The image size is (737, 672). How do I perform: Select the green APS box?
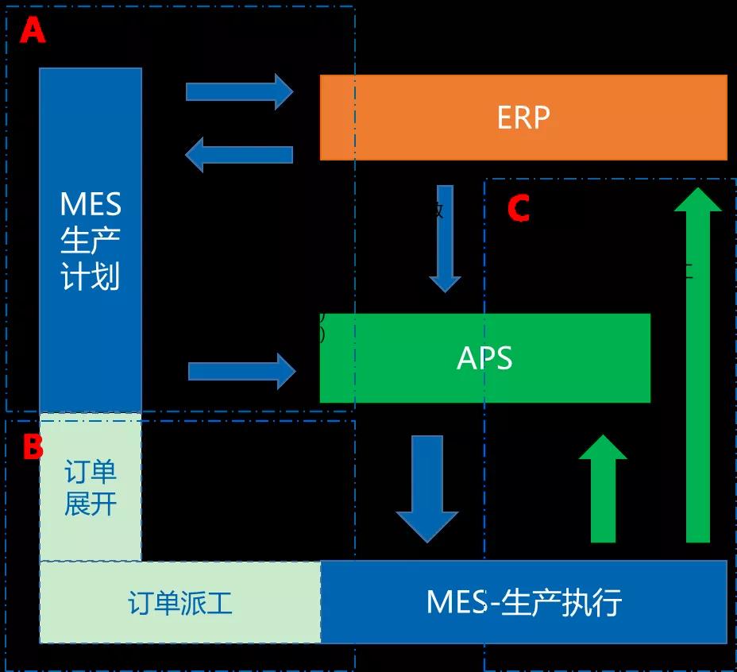[x=484, y=357]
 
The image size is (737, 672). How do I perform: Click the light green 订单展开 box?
[x=91, y=487]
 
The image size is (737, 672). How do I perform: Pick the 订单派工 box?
[x=180, y=602]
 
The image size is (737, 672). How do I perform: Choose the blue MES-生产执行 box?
[x=523, y=602]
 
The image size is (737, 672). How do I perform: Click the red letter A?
[x=33, y=31]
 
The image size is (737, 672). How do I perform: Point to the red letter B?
[x=33, y=448]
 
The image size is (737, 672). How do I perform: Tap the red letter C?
[x=519, y=209]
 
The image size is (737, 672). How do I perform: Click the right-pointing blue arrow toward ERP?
[x=239, y=91]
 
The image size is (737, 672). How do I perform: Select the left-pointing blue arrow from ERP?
[x=239, y=154]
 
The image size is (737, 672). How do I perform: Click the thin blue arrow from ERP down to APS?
[x=445, y=238]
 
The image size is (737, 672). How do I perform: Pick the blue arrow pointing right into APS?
[x=241, y=371]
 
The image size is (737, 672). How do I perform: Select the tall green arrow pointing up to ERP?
[x=698, y=365]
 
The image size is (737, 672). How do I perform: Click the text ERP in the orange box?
[x=523, y=118]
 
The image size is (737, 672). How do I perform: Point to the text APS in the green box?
[x=484, y=357]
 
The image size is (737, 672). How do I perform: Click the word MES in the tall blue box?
[x=91, y=204]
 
